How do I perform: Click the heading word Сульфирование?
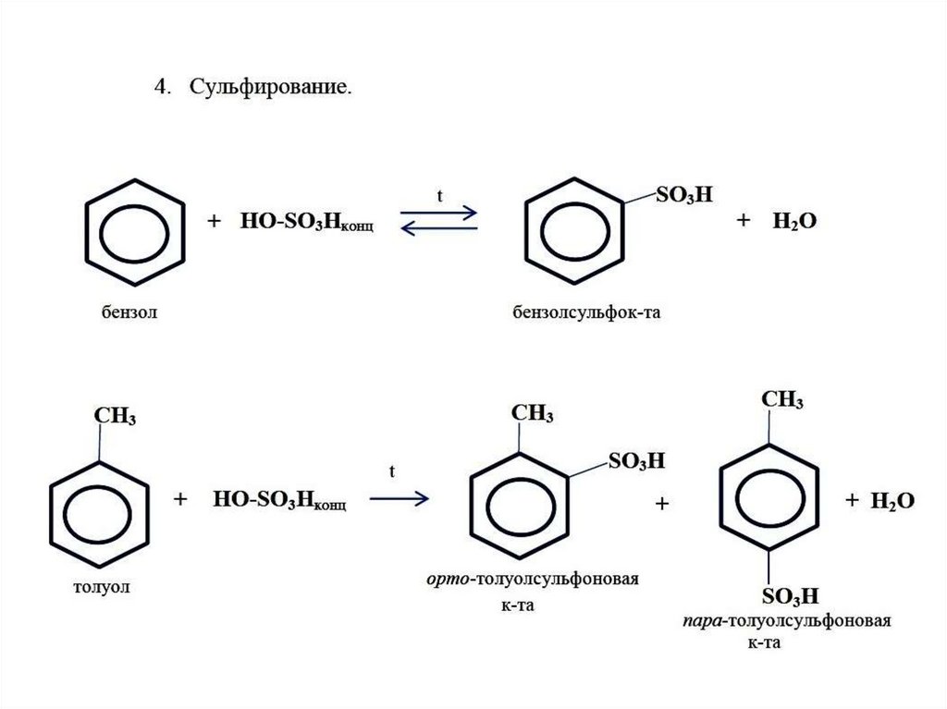(271, 88)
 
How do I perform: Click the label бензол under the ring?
(129, 312)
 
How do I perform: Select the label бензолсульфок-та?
(586, 312)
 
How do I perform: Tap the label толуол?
(102, 587)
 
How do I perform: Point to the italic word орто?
(448, 579)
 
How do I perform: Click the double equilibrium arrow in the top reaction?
(439, 220)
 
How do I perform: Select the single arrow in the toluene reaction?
(400, 498)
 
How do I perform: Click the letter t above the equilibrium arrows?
(439, 196)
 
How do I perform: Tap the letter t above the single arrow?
(392, 471)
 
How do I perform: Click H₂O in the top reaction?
(794, 221)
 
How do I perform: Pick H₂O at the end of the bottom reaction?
(892, 501)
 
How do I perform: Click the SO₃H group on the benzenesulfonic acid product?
(684, 194)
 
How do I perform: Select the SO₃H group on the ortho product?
(636, 461)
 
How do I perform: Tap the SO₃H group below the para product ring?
(790, 596)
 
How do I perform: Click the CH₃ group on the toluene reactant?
(115, 416)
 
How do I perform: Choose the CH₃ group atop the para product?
(782, 399)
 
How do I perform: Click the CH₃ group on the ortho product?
(532, 414)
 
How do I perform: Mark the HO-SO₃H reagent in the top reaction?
(307, 222)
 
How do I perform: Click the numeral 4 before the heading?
(160, 87)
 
